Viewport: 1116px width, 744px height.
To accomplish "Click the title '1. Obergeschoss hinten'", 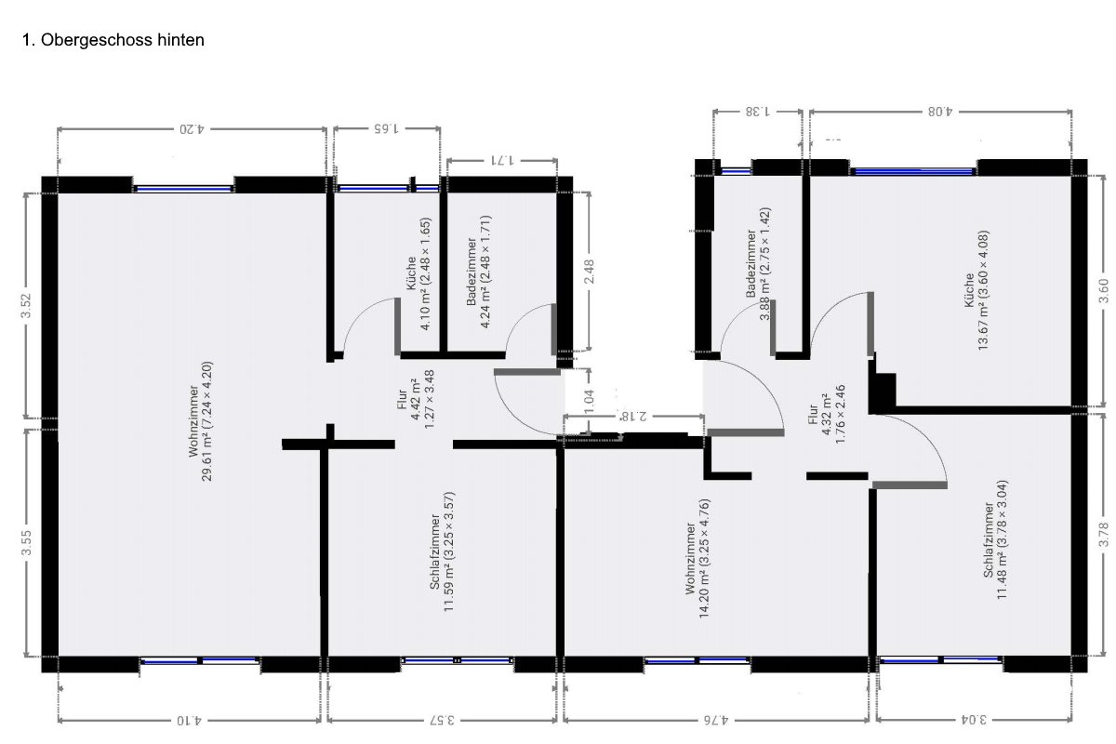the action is tap(113, 40).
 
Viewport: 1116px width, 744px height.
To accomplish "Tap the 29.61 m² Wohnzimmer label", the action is tap(200, 421).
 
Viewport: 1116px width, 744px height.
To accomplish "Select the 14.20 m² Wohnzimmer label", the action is tap(697, 558).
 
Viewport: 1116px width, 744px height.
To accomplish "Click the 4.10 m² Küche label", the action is tap(418, 273).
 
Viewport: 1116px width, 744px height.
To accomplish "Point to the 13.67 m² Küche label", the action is tap(976, 290).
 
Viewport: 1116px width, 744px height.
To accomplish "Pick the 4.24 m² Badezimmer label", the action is tap(478, 272).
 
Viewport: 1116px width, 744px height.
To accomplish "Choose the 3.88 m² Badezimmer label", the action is tap(758, 263).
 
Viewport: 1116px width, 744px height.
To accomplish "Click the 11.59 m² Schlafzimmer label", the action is tap(442, 551).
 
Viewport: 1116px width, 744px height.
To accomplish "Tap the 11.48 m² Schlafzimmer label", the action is tap(995, 539).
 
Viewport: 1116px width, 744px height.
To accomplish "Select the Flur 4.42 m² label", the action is tap(416, 399).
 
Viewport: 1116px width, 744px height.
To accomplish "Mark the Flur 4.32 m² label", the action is tap(827, 414).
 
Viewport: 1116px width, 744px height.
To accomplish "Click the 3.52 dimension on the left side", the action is tap(26, 305).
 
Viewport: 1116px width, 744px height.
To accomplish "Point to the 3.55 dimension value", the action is tap(26, 543).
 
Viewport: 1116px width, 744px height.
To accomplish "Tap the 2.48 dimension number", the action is tap(589, 272).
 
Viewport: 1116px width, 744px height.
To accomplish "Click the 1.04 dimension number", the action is tap(589, 401).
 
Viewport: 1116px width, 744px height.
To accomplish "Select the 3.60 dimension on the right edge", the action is tap(1104, 291).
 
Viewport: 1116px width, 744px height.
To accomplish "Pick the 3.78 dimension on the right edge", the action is tap(1104, 534).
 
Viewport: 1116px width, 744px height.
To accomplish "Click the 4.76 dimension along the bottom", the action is tap(716, 720).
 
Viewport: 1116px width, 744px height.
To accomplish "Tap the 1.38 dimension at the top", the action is tap(757, 111).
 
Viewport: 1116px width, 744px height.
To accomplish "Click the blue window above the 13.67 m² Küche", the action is tap(912, 171).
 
